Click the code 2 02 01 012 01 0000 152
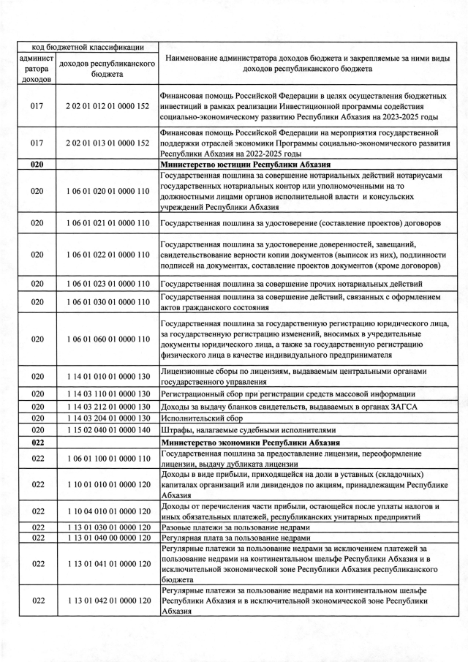coord(107,106)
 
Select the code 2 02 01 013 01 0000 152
coord(107,143)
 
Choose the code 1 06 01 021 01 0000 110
coord(107,222)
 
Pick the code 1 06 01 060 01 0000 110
coord(107,339)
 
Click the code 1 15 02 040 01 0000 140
coord(107,430)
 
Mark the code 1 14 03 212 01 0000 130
coord(107,406)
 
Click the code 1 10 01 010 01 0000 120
coord(107,484)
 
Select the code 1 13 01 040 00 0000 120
coord(107,538)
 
